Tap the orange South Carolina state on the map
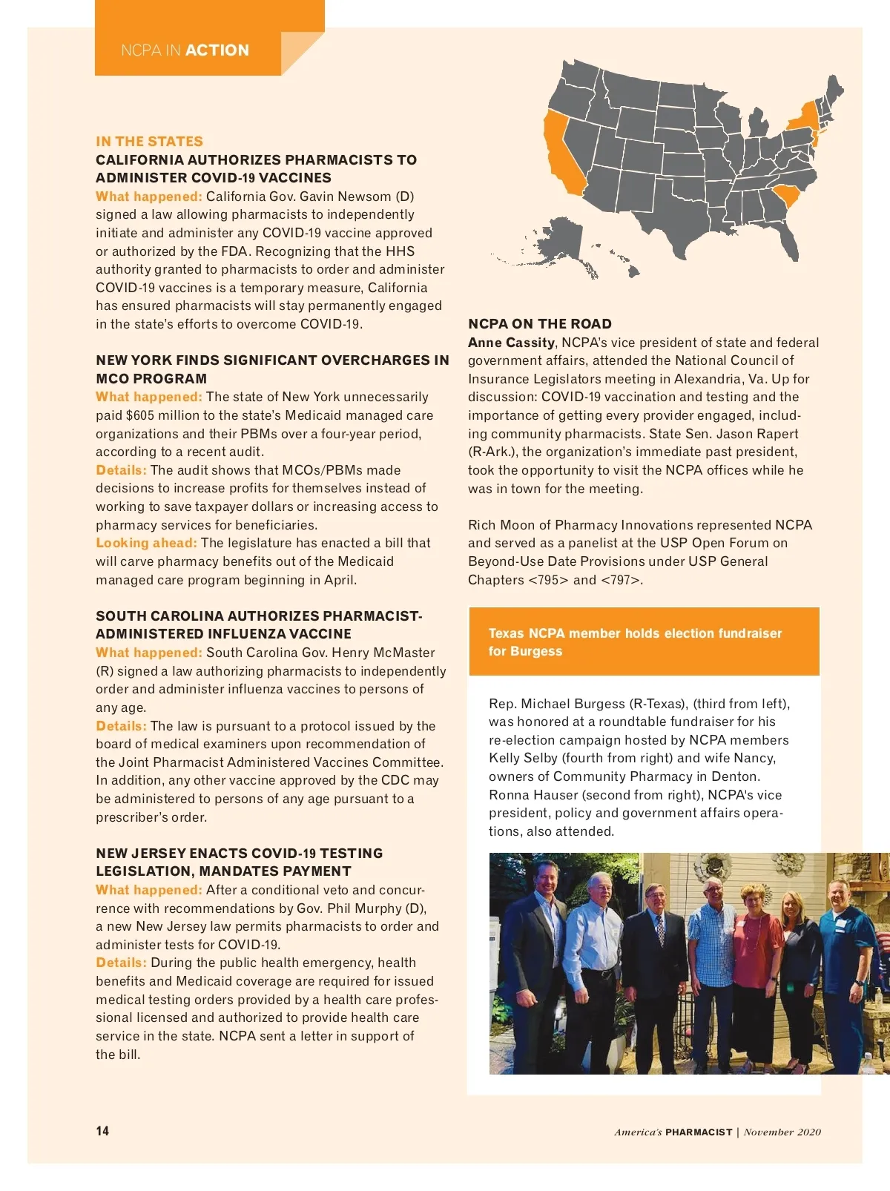pyautogui.click(x=788, y=197)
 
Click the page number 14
pyautogui.click(x=102, y=1130)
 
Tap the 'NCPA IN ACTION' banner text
pyautogui.click(x=185, y=50)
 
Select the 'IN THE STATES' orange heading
pyautogui.click(x=149, y=141)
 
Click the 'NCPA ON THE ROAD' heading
pyautogui.click(x=540, y=324)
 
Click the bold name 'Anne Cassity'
pyautogui.click(x=511, y=343)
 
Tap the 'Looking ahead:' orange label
pyautogui.click(x=146, y=543)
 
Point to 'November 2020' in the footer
pyautogui.click(x=782, y=1132)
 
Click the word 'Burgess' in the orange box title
pyautogui.click(x=536, y=651)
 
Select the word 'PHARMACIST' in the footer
pyautogui.click(x=699, y=1132)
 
